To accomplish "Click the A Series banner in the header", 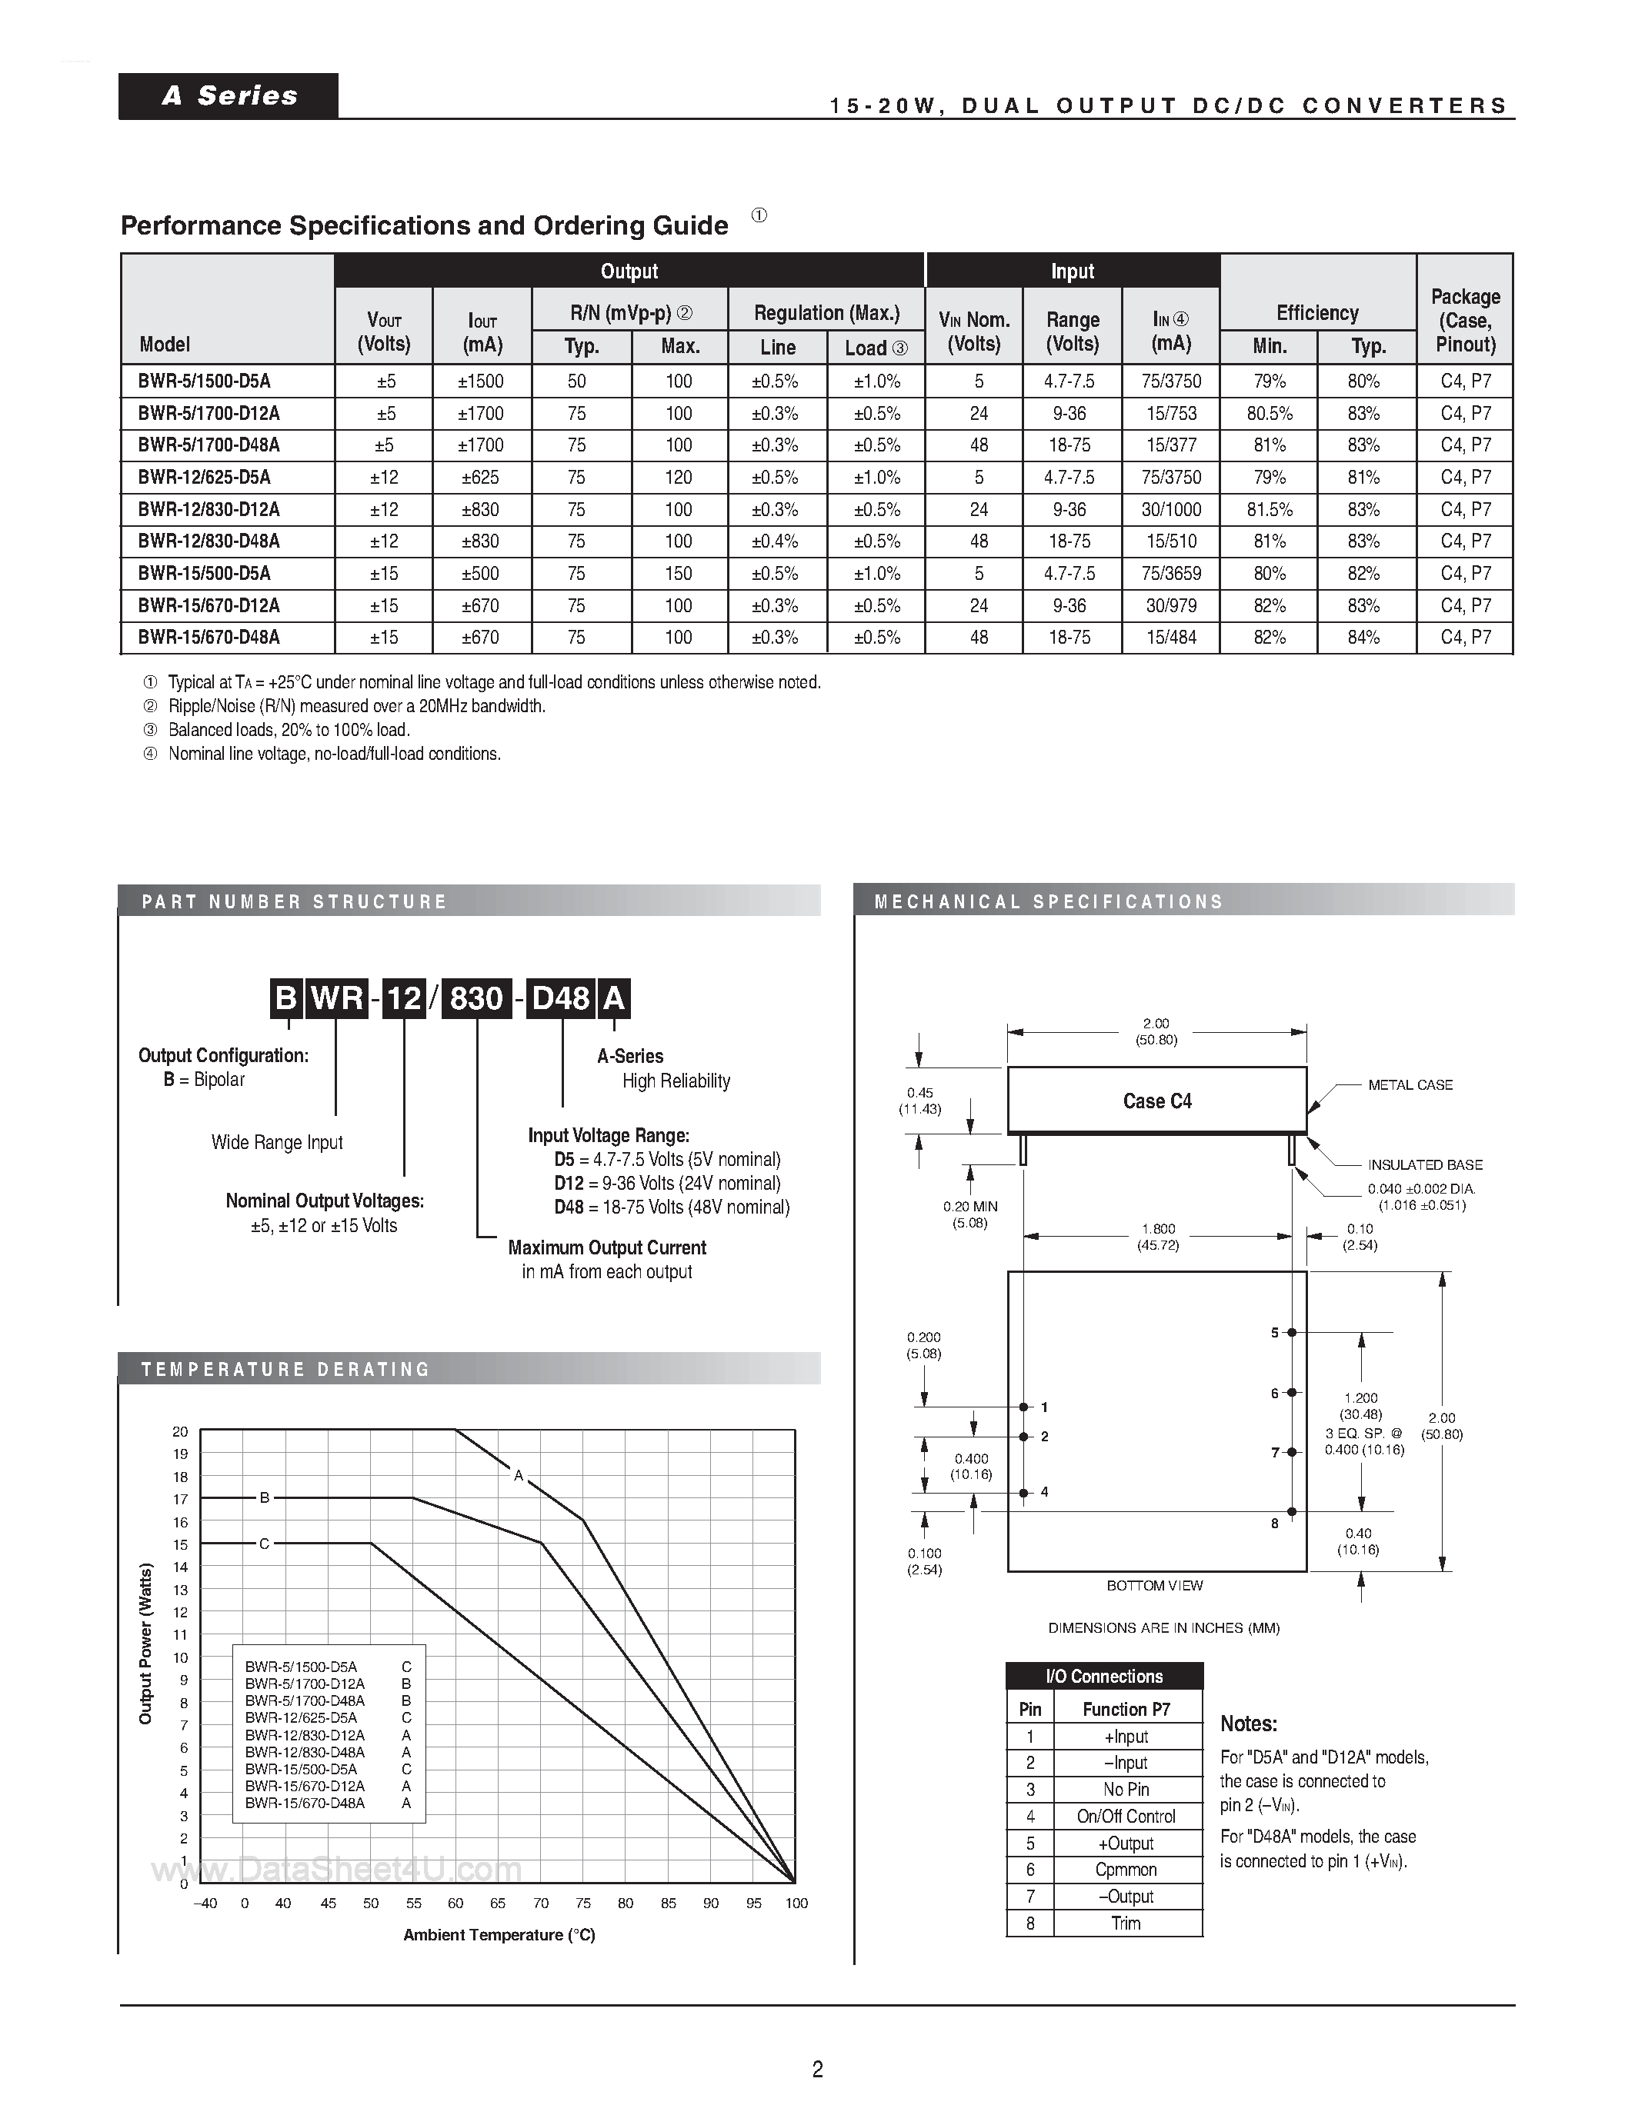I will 229,96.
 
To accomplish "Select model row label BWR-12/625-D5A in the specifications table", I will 205,478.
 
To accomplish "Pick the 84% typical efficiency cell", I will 1364,638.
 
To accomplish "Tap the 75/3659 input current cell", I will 1171,573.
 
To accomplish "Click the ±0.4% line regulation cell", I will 775,541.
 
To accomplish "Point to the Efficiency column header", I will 1317,313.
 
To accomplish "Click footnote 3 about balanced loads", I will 289,730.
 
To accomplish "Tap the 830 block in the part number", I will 475,998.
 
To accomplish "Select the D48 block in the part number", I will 562,998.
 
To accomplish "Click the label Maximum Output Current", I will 607,1248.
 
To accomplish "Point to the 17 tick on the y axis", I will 180,1499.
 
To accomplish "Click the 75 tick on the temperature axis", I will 583,1903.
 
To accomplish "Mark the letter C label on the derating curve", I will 263,1544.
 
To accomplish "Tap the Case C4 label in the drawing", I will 1157,1101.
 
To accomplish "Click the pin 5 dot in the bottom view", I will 1292,1334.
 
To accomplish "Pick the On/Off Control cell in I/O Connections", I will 1126,1817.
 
